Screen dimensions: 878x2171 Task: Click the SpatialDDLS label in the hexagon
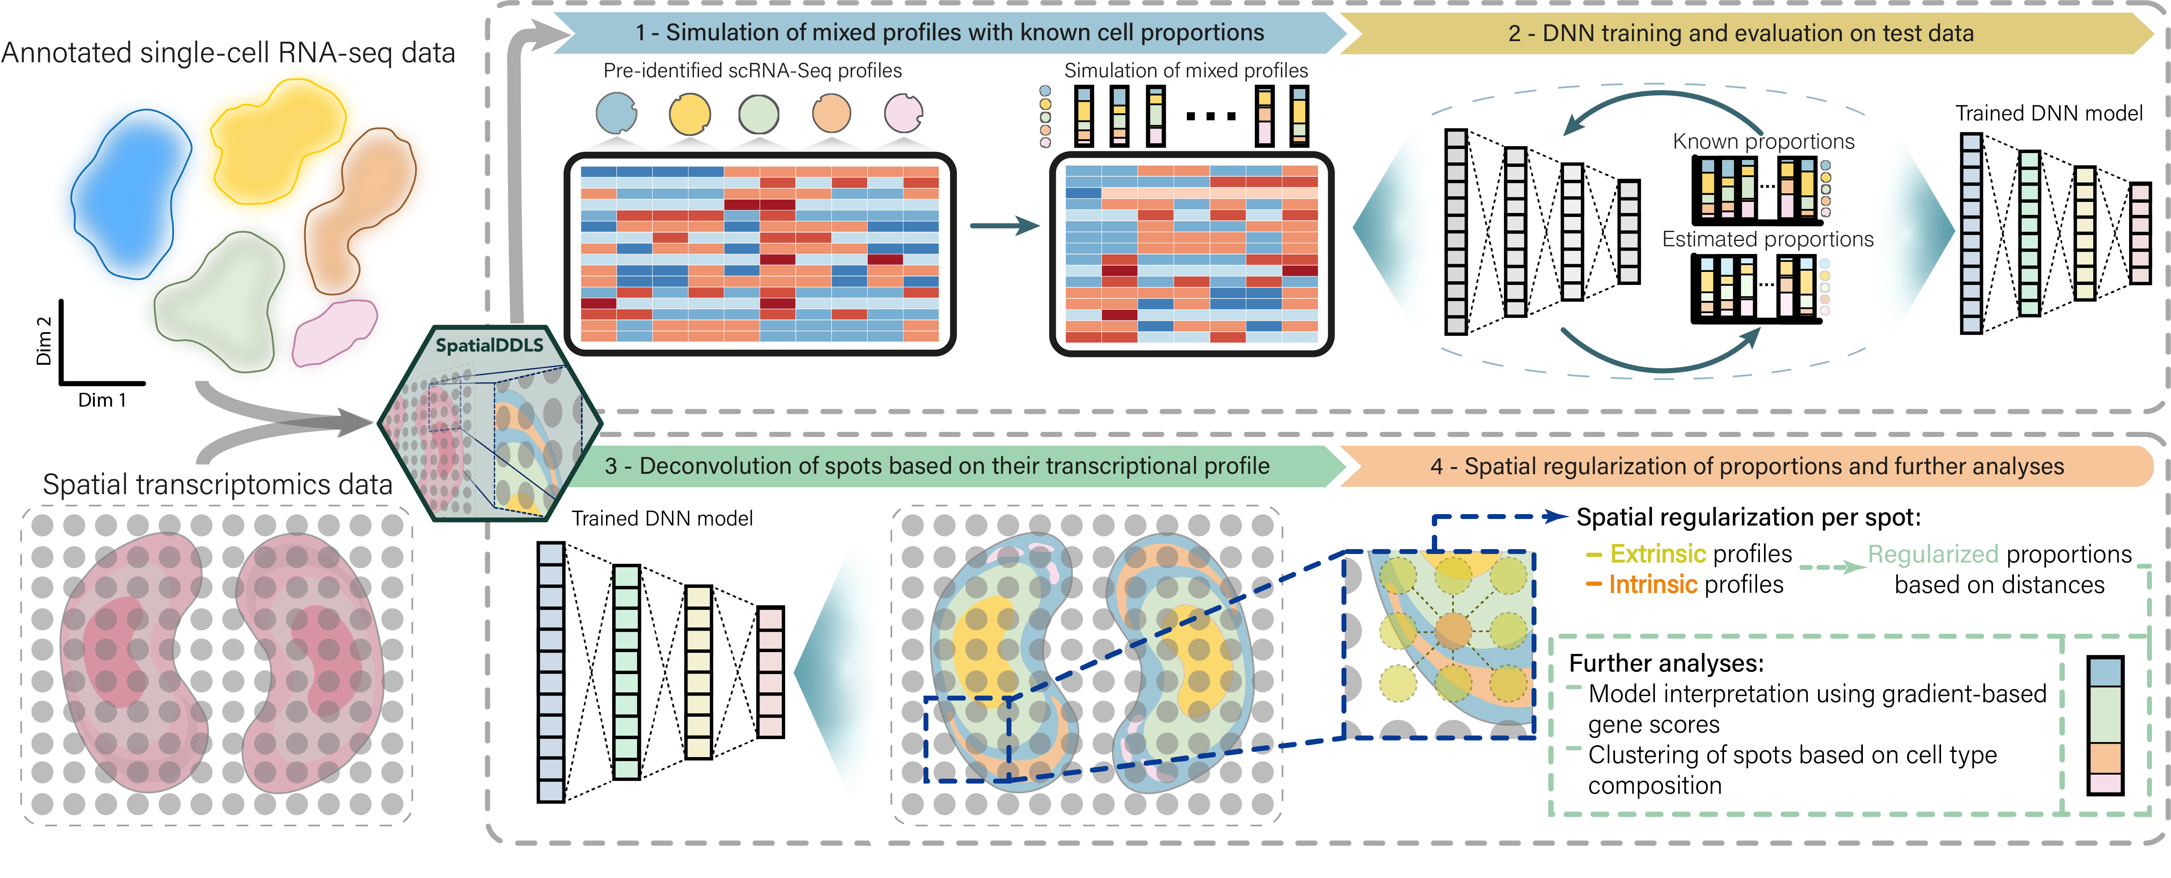489,345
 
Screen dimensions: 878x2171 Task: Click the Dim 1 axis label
102,400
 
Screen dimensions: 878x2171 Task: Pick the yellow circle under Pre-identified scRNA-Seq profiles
689,114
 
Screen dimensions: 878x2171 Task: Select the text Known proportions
1763,142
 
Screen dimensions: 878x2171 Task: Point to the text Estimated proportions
1767,239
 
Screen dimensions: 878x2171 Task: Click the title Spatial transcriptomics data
217,484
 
